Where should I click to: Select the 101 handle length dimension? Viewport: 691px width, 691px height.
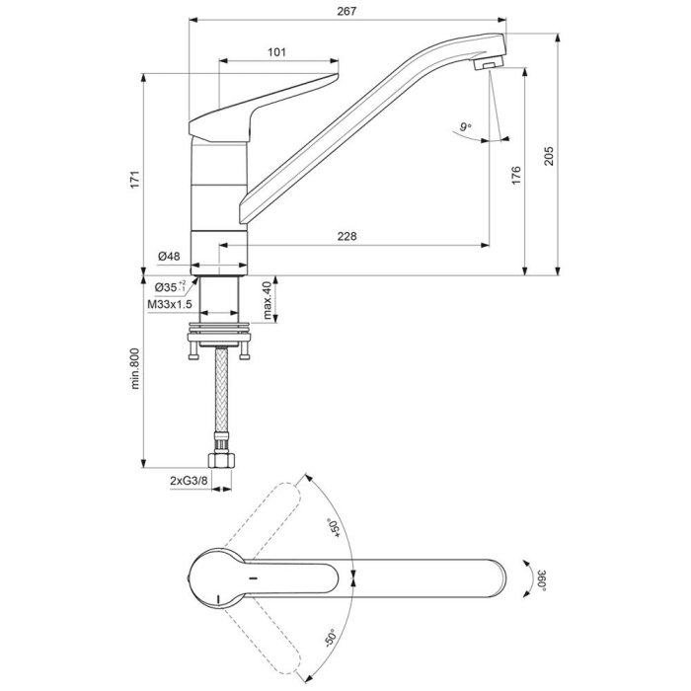point(276,52)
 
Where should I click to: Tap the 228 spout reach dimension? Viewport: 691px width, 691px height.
point(346,236)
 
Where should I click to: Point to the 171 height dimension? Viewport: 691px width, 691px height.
point(136,178)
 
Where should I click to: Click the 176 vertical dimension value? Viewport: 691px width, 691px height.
point(515,176)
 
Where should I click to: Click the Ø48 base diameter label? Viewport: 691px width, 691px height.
point(169,257)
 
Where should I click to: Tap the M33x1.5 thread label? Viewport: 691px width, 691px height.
point(169,305)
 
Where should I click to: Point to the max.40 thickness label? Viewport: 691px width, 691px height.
point(267,300)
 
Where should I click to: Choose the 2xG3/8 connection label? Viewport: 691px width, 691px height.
point(188,480)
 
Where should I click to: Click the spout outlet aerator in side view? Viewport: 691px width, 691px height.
point(488,65)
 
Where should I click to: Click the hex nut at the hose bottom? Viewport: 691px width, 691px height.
point(222,461)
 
